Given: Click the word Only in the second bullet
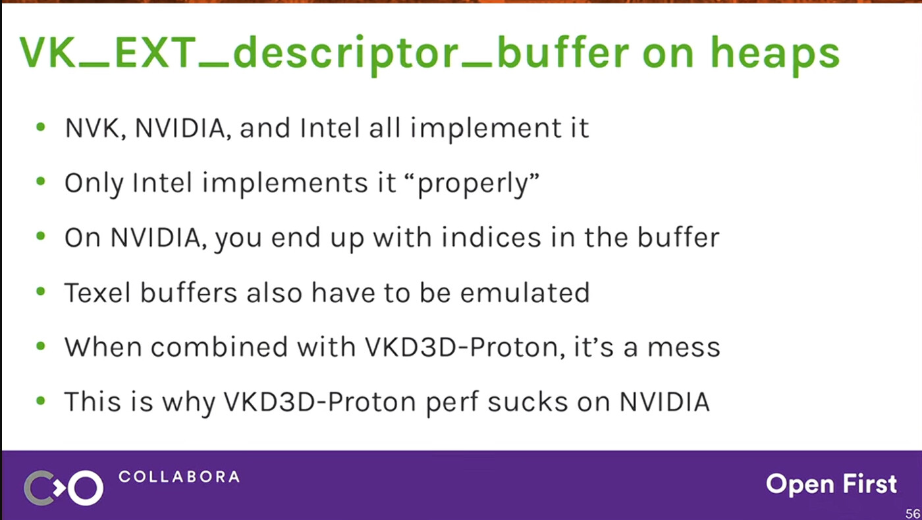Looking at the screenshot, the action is pos(94,184).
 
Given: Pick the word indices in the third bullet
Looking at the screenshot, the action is pos(491,238).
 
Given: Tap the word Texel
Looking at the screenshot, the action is pos(97,292).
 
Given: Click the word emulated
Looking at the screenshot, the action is pos(525,292).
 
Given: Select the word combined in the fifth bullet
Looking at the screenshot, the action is pos(219,347).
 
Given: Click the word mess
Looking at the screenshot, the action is pos(684,348).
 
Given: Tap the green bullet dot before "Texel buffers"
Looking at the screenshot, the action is pos(41,292).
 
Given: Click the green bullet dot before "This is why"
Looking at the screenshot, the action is pos(41,401).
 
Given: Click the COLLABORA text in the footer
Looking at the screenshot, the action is pos(179,477).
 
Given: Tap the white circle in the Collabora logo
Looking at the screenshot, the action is pos(86,488).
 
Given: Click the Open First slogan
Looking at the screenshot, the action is pos(831,484).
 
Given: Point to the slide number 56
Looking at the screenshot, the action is pos(913,513).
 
